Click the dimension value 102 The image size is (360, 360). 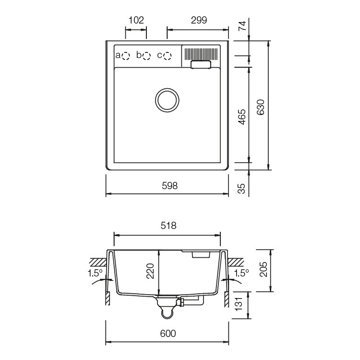(x=136, y=20)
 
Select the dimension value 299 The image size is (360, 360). (x=199, y=20)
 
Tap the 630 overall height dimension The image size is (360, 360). (x=261, y=107)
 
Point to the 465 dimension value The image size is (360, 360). (x=242, y=117)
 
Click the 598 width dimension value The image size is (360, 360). (x=169, y=186)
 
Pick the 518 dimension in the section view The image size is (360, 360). (x=168, y=226)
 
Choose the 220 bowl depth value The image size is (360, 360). (x=150, y=271)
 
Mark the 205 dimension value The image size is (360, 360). (x=264, y=269)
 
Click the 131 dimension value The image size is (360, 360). (x=239, y=304)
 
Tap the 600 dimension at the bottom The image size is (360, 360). (x=168, y=334)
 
